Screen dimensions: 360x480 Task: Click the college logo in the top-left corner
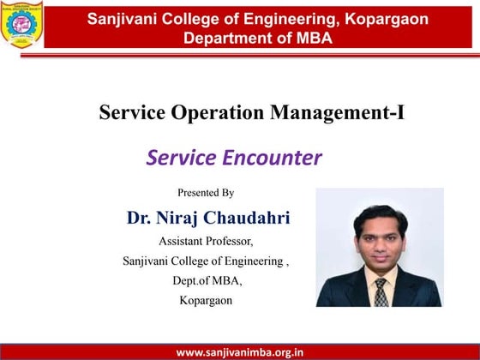pyautogui.click(x=22, y=25)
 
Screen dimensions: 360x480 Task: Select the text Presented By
pyautogui.click(x=205, y=193)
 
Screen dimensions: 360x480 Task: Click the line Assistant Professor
pyautogui.click(x=206, y=241)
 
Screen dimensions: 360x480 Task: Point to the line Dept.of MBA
pyautogui.click(x=206, y=280)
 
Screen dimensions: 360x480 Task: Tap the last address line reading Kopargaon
pyautogui.click(x=206, y=300)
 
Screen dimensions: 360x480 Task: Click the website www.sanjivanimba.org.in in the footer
pyautogui.click(x=239, y=351)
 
